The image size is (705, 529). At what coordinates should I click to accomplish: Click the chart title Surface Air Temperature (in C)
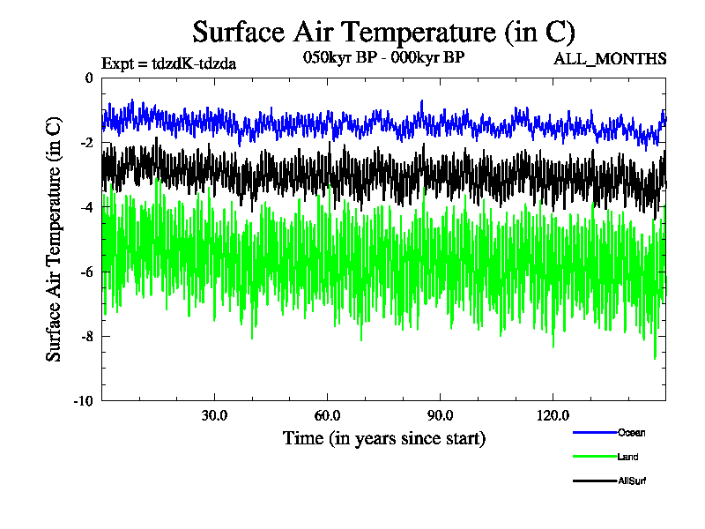[x=383, y=33]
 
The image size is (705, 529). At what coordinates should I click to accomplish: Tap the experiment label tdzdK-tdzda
[x=169, y=63]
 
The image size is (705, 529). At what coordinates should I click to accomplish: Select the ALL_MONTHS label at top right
[x=609, y=59]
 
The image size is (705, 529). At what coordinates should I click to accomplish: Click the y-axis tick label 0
[x=88, y=78]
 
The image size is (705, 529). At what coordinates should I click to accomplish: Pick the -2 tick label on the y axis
[x=85, y=143]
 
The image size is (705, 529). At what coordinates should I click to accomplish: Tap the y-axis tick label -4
[x=85, y=207]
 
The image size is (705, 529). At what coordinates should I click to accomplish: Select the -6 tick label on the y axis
[x=85, y=272]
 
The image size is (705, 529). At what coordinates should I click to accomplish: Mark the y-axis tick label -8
[x=85, y=336]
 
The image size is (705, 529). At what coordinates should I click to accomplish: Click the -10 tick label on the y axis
[x=83, y=400]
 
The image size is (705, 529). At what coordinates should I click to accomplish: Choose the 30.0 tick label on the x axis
[x=215, y=415]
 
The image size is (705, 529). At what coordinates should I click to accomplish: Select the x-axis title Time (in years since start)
[x=383, y=438]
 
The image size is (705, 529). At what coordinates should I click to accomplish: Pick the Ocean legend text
[x=631, y=432]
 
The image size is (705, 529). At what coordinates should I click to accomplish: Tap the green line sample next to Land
[x=592, y=457]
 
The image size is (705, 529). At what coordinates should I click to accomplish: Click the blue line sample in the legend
[x=592, y=432]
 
